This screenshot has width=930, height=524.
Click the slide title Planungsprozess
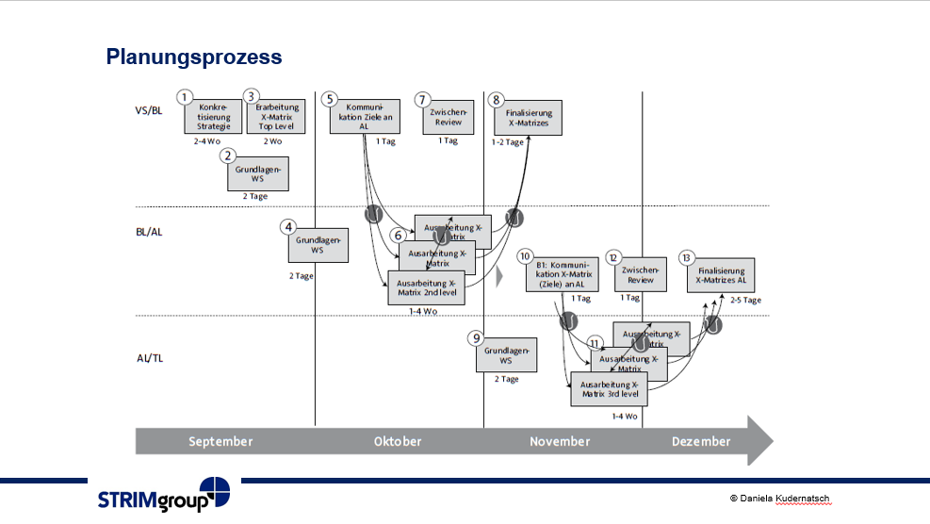194,57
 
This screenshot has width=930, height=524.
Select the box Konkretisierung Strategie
214,118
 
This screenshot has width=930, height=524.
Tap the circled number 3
251,97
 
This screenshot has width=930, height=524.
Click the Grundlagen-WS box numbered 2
257,173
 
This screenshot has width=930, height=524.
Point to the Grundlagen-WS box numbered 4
318,246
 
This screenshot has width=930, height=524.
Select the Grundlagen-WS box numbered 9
506,354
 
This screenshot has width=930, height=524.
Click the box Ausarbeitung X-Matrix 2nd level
426,287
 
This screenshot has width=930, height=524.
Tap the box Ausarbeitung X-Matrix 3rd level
610,389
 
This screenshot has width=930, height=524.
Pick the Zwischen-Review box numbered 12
641,274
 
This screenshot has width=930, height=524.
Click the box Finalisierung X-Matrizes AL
722,274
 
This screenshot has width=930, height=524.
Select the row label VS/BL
149,111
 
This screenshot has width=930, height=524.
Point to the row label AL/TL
150,358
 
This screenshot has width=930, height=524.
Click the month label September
220,441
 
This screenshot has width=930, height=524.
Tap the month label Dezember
701,441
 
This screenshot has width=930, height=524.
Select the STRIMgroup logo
164,497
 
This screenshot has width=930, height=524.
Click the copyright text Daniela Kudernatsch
780,497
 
